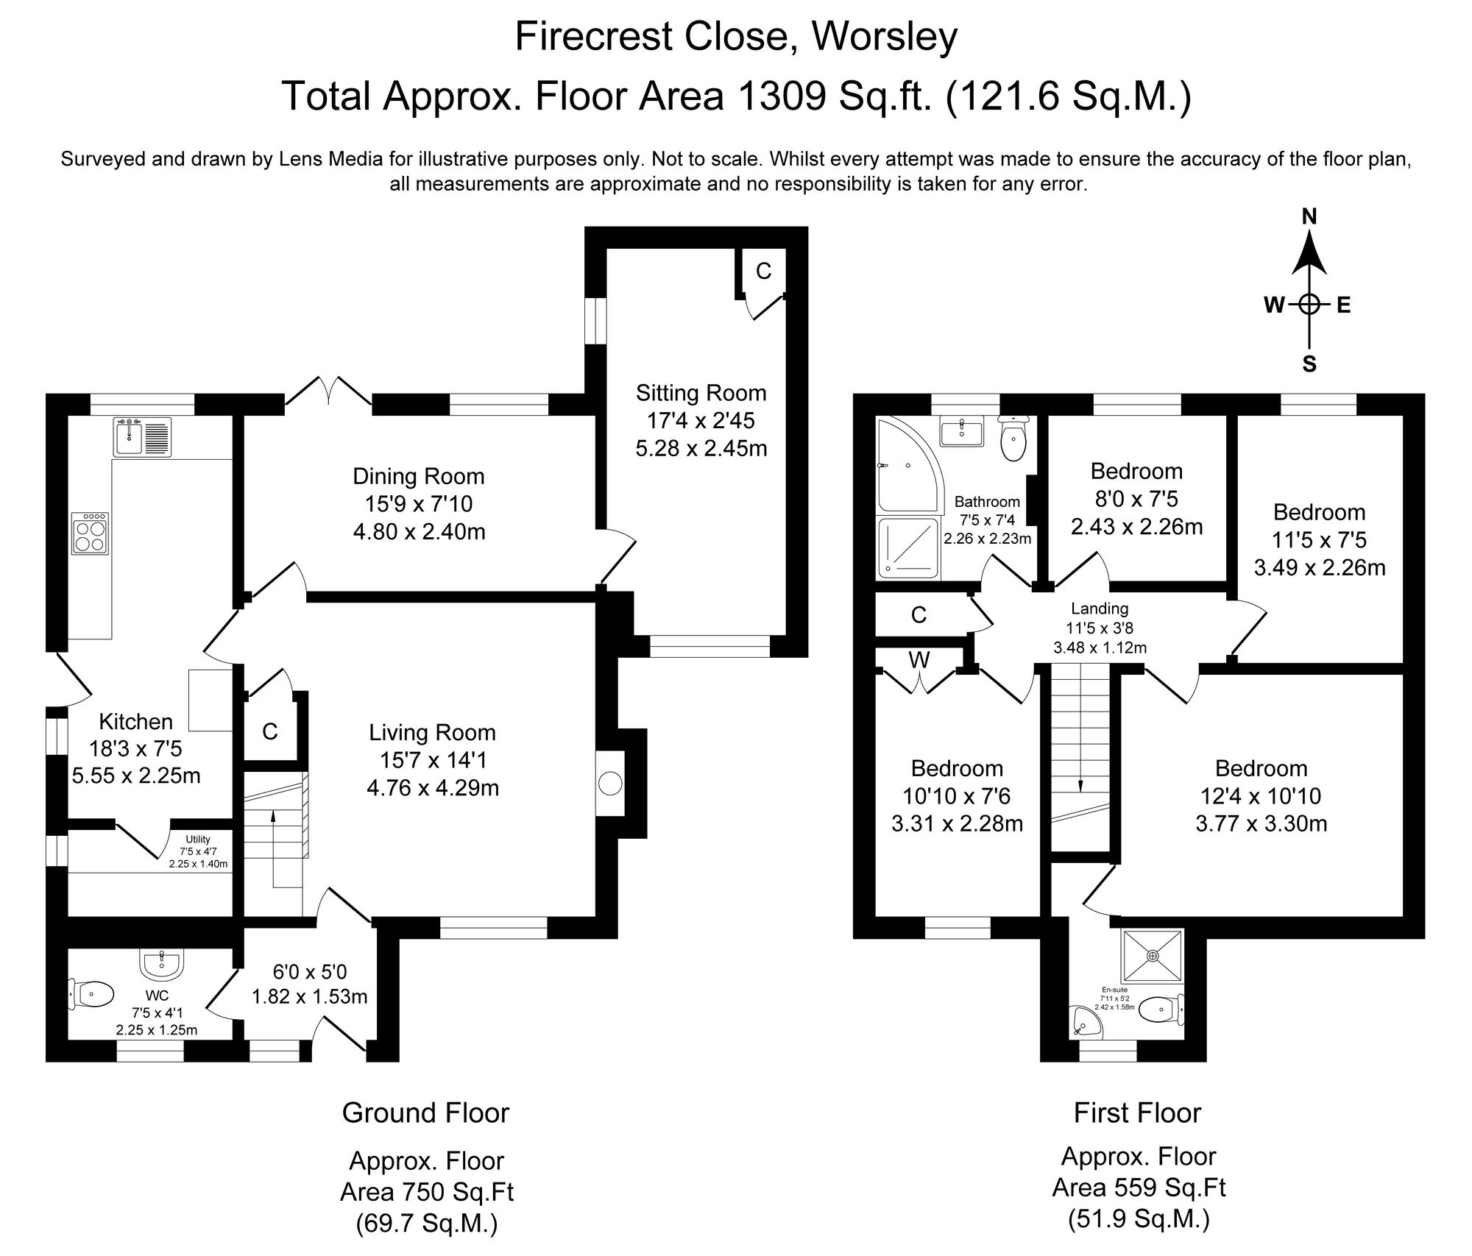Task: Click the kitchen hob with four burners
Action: [91, 533]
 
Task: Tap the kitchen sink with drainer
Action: [143, 437]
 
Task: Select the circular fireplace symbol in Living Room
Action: [610, 783]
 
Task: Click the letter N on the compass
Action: [1309, 216]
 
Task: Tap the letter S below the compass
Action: [1309, 365]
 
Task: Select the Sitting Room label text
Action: [701, 393]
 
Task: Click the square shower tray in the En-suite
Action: [1152, 955]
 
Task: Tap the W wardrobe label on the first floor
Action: [919, 660]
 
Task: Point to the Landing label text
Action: [1100, 609]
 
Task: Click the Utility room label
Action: [198, 839]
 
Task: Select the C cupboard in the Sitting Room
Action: [763, 272]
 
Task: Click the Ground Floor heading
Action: [425, 1113]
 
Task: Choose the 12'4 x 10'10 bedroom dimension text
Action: [1261, 796]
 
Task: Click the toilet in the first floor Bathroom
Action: [1013, 439]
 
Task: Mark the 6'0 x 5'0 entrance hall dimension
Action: [309, 972]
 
